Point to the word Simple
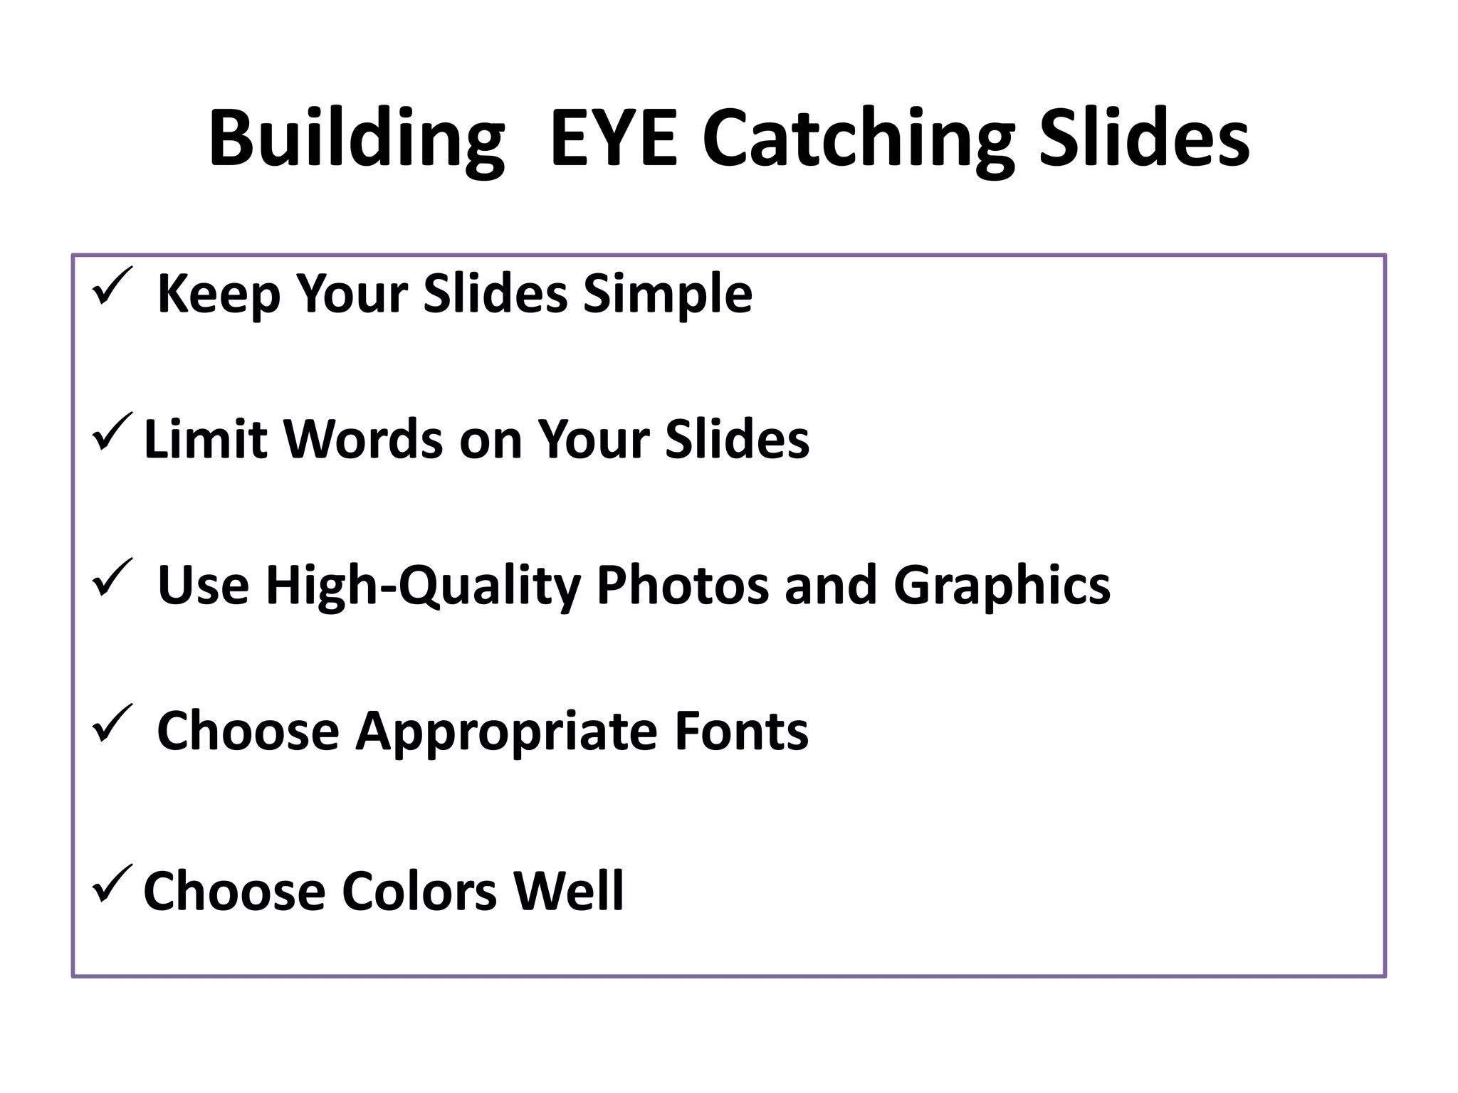(667, 293)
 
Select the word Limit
(206, 439)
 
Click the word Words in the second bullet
(364, 439)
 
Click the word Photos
(683, 585)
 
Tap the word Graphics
(1001, 585)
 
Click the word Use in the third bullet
(203, 585)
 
